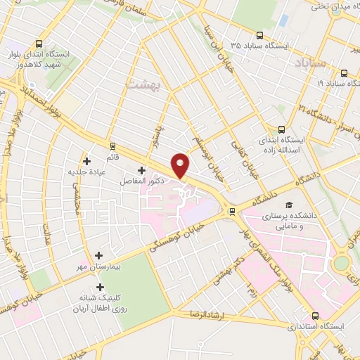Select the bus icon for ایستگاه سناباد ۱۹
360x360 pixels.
[x=344, y=72]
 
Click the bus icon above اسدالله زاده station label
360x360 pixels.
[x=281, y=130]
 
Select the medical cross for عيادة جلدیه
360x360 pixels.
[x=86, y=161]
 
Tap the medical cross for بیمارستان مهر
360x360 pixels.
[x=98, y=256]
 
